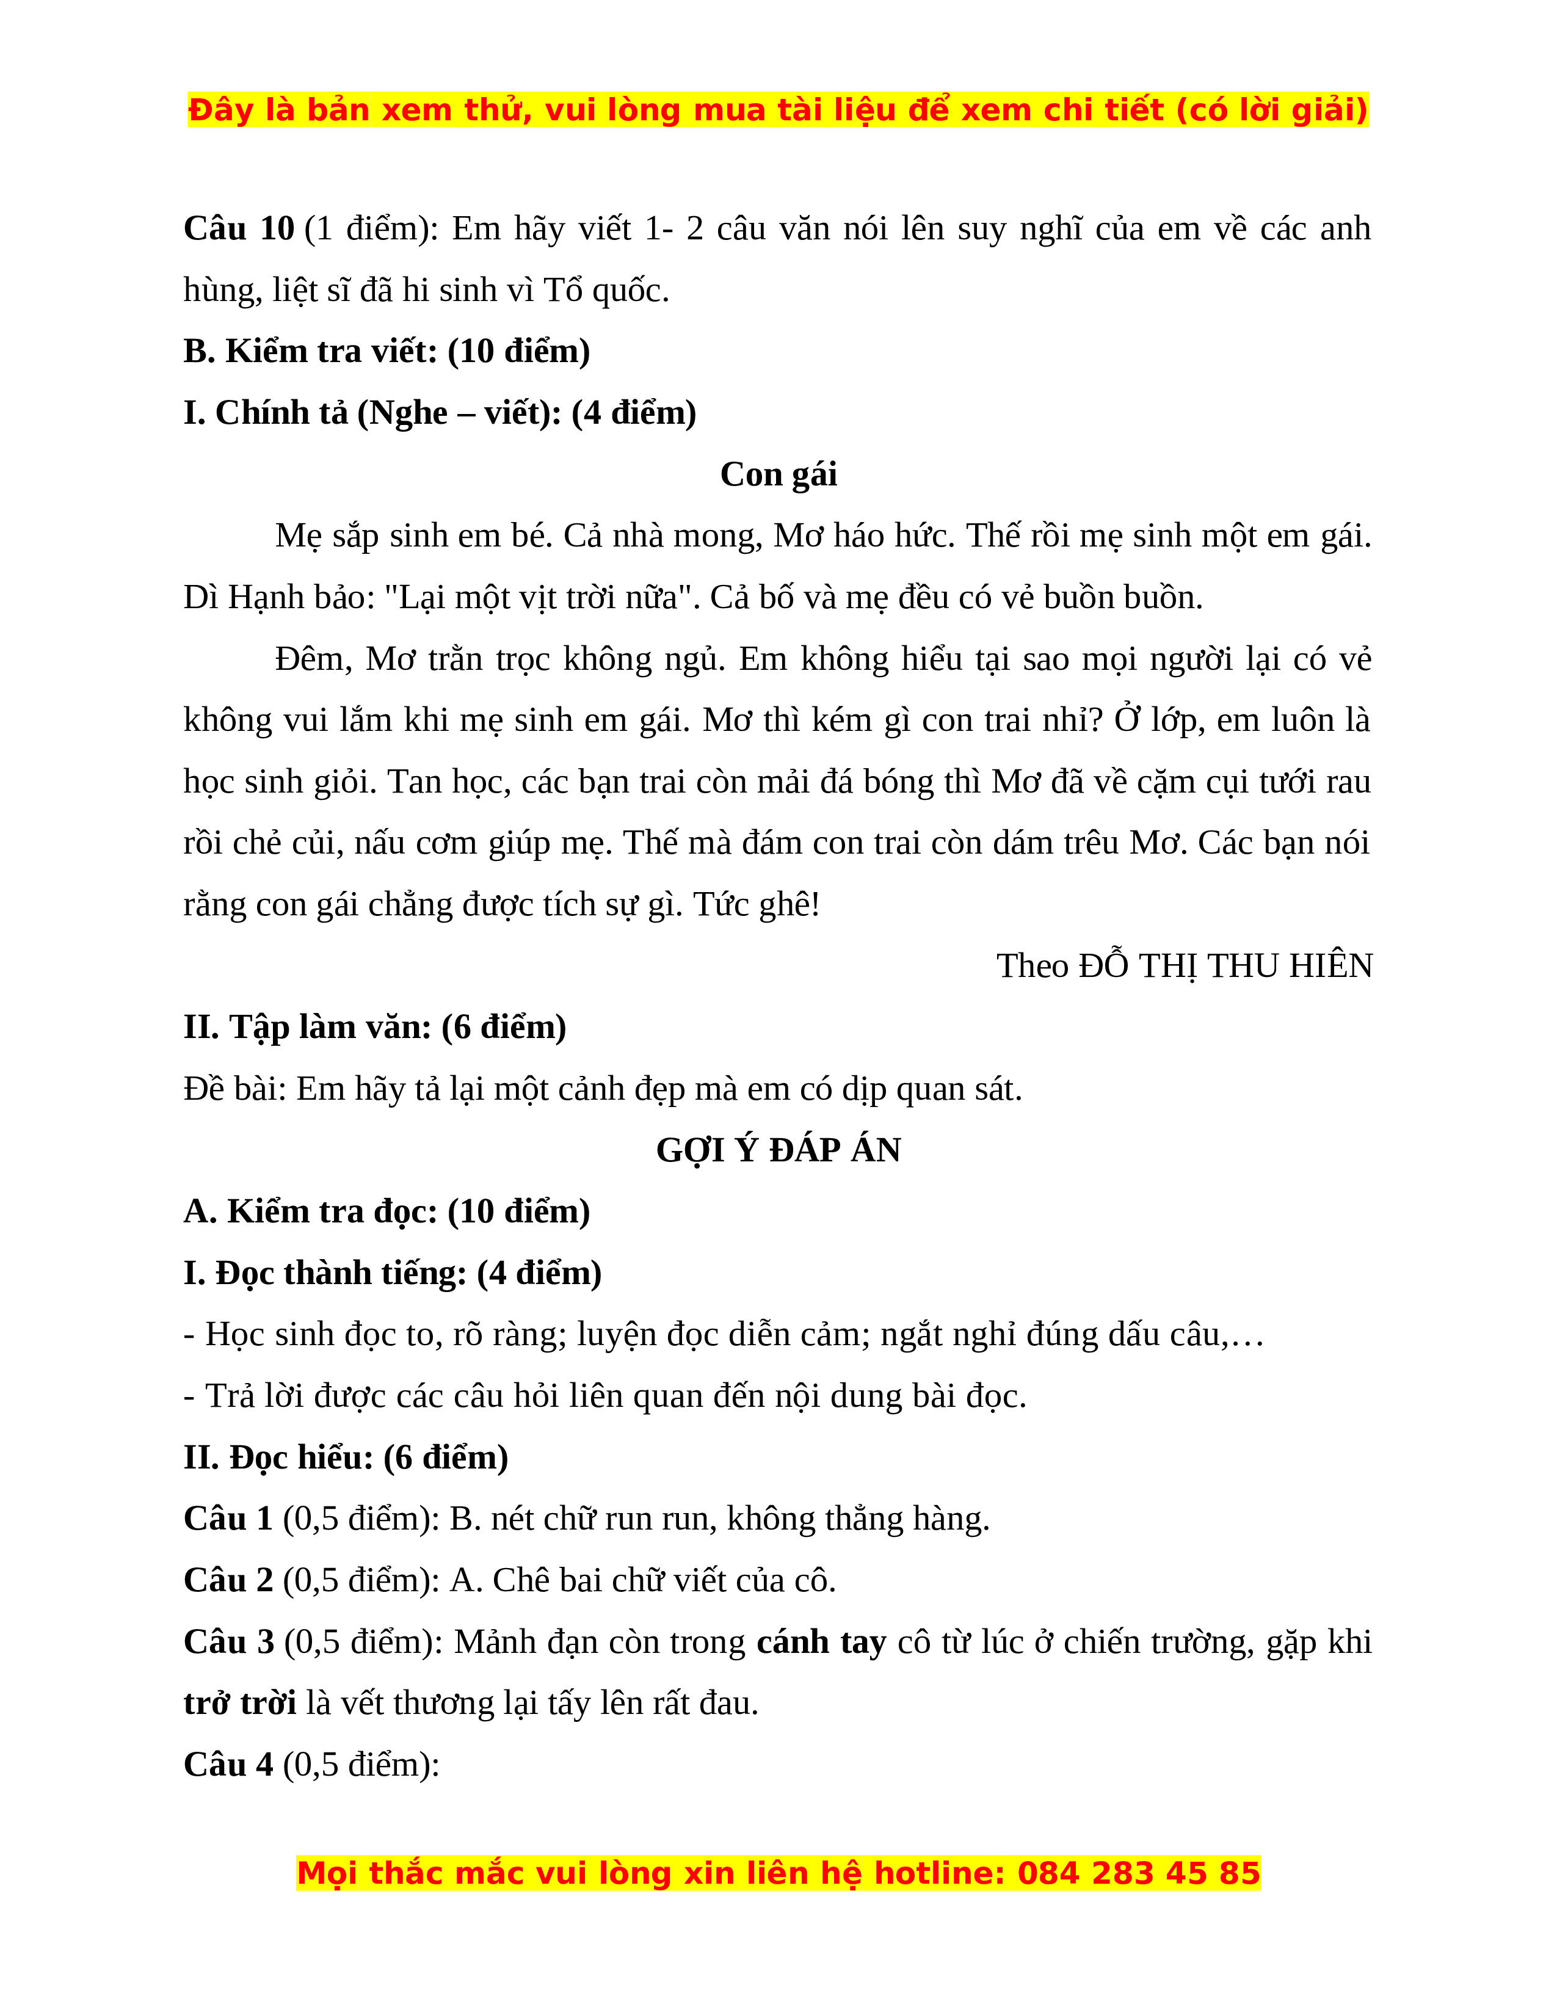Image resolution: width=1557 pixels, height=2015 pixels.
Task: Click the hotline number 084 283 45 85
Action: pyautogui.click(x=1138, y=1873)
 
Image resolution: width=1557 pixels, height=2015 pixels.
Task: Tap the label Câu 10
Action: pyautogui.click(x=238, y=229)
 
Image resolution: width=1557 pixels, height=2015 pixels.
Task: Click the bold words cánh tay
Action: pyautogui.click(x=821, y=1643)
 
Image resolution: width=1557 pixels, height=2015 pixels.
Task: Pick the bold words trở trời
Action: pyautogui.click(x=240, y=1703)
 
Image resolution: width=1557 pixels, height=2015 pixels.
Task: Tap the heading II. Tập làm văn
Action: pyautogui.click(x=374, y=1027)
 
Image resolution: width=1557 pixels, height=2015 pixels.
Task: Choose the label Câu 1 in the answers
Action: pyautogui.click(x=228, y=1519)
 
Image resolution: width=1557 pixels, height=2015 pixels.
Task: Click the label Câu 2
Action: pyautogui.click(x=228, y=1580)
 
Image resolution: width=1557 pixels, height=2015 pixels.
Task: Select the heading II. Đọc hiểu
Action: pyautogui.click(x=345, y=1458)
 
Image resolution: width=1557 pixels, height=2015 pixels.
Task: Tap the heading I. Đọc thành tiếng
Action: pyautogui.click(x=392, y=1273)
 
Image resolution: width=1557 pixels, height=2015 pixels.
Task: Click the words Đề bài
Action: pyautogui.click(x=234, y=1089)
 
